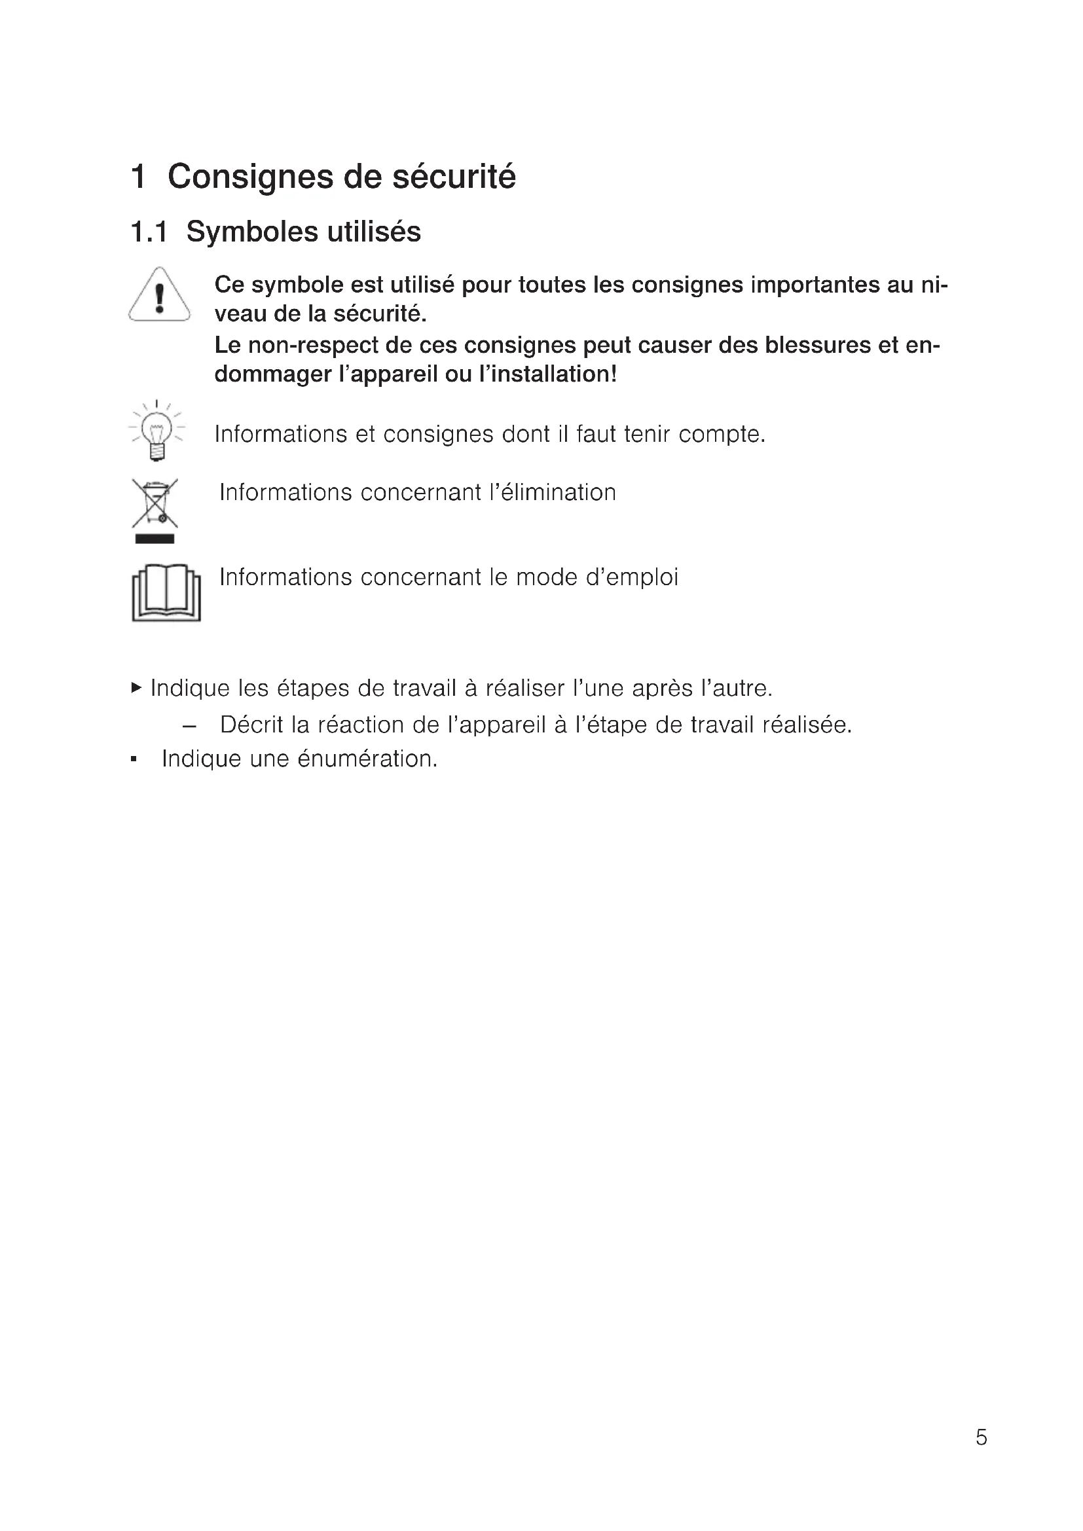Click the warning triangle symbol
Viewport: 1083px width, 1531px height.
(158, 295)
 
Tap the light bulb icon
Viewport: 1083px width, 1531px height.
(156, 431)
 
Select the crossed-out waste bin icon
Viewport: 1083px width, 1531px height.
(155, 503)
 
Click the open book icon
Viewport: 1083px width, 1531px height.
(166, 593)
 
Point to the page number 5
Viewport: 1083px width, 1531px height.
(981, 1437)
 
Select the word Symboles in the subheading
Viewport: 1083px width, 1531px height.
(253, 232)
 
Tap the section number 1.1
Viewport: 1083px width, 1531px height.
(149, 232)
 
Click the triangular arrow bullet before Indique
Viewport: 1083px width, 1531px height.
(137, 687)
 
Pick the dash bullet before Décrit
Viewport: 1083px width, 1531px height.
(189, 725)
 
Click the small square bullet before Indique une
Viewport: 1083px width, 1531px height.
(134, 759)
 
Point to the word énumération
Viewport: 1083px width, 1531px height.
(367, 759)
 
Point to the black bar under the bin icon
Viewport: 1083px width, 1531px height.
(155, 539)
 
